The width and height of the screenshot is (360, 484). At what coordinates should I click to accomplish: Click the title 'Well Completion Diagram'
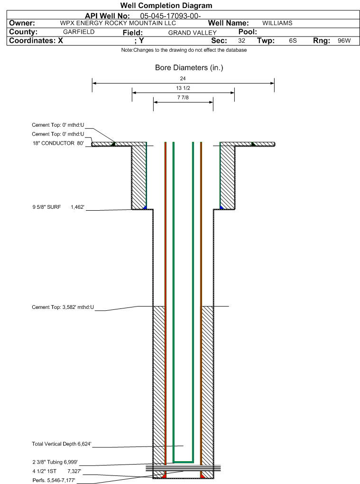[x=166, y=6]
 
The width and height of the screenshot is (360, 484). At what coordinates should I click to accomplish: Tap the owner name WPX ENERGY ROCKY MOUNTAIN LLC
[x=118, y=23]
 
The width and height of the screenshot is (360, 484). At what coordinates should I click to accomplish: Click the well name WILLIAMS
[x=277, y=23]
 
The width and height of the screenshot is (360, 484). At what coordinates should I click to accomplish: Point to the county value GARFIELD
[x=79, y=32]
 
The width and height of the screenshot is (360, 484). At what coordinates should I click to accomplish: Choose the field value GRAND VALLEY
[x=192, y=33]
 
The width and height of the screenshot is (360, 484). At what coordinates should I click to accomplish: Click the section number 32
[x=241, y=41]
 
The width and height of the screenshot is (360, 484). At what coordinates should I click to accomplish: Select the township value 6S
[x=293, y=41]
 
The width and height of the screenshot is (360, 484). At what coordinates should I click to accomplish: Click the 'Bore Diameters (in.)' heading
[x=189, y=68]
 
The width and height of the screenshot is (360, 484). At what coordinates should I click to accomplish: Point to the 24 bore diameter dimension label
[x=183, y=78]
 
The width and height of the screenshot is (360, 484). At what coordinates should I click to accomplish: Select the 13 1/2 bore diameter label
[x=183, y=88]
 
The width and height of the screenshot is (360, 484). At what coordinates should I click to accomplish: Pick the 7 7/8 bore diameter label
[x=183, y=98]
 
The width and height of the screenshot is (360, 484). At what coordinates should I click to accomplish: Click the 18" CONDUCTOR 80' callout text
[x=57, y=143]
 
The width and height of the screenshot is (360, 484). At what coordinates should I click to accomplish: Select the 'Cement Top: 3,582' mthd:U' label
[x=63, y=307]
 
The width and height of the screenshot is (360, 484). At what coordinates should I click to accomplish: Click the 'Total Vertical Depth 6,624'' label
[x=61, y=444]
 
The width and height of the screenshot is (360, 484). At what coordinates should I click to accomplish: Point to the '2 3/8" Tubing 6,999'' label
[x=55, y=462]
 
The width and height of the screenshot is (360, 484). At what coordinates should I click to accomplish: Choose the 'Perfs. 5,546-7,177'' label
[x=54, y=480]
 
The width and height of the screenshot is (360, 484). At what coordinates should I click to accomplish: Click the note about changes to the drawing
[x=184, y=50]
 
